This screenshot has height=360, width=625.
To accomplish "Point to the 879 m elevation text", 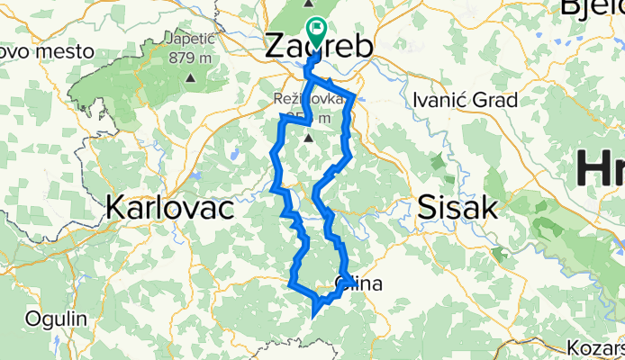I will click(191, 59).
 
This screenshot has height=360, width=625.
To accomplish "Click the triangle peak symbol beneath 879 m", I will click(191, 77).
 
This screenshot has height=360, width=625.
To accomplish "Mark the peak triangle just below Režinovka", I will click(309, 139).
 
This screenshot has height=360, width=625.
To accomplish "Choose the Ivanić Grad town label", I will click(464, 100).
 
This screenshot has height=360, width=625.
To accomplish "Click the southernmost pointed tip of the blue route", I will click(312, 317).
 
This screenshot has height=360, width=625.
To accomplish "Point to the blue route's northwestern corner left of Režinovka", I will click(283, 117).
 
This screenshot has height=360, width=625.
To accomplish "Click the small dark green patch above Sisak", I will click(438, 165).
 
